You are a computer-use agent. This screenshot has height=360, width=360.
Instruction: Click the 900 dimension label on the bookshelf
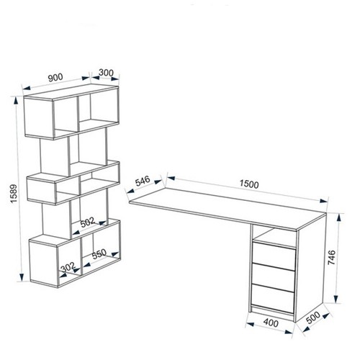[55, 77]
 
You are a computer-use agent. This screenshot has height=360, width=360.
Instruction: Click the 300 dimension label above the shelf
[106, 72]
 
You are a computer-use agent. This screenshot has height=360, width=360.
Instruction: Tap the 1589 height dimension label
[14, 194]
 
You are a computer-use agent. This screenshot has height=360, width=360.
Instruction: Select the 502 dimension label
[88, 222]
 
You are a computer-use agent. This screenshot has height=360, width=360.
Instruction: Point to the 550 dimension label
[99, 254]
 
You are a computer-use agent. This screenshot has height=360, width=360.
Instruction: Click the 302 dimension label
[68, 267]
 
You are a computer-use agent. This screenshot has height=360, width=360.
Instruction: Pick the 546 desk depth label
[143, 181]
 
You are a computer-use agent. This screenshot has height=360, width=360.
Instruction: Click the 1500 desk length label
[249, 184]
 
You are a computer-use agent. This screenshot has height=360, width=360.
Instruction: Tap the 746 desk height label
[331, 257]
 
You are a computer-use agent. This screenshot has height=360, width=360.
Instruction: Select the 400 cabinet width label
[271, 323]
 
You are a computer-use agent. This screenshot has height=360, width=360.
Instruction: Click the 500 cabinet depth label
[313, 318]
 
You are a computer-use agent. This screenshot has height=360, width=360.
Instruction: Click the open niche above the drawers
[274, 237]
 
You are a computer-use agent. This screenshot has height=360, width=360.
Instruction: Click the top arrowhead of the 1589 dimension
[16, 101]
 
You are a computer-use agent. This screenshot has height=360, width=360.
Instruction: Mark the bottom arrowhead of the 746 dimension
[336, 299]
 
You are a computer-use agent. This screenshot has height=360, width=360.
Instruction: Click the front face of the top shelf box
[39, 117]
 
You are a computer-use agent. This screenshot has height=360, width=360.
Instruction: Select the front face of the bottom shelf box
[44, 263]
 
